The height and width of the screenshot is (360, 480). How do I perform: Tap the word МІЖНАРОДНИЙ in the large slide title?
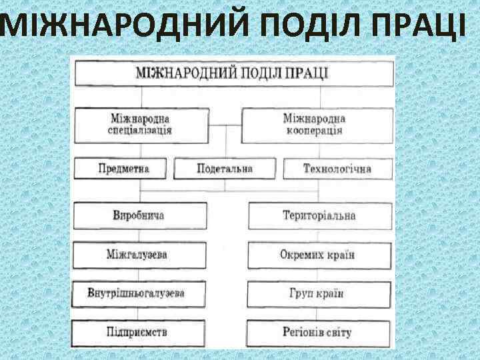tap(126, 25)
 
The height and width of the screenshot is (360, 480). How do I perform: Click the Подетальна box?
tap(225, 168)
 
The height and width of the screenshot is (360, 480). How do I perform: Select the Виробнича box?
tap(138, 216)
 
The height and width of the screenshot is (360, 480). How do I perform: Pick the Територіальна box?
tap(319, 216)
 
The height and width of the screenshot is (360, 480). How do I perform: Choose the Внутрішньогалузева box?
tap(137, 293)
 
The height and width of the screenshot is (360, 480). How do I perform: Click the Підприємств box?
tap(137, 331)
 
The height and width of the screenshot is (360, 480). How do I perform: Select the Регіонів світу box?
tap(317, 331)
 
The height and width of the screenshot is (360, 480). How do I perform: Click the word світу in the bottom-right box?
tap(338, 331)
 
